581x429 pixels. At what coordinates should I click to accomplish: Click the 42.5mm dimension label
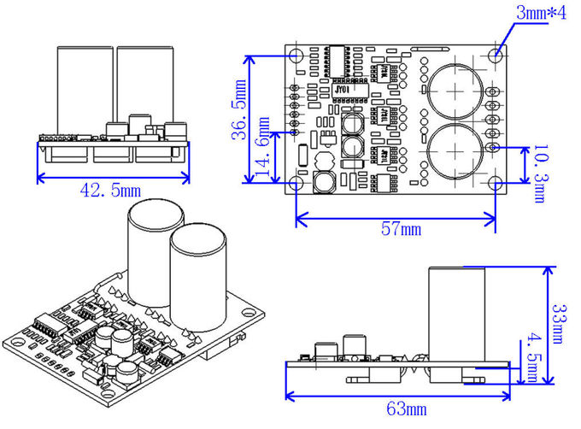pyautogui.click(x=110, y=189)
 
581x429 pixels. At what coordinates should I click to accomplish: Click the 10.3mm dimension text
pyautogui.click(x=537, y=173)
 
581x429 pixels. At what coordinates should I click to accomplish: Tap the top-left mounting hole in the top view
pyautogui.click(x=296, y=55)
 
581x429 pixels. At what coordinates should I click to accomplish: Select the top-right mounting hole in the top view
pyautogui.click(x=496, y=55)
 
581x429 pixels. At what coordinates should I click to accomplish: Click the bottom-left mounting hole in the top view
pyautogui.click(x=296, y=184)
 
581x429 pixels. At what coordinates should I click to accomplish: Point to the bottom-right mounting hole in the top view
pyautogui.click(x=496, y=184)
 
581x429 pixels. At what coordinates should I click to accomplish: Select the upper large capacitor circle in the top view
pyautogui.click(x=453, y=89)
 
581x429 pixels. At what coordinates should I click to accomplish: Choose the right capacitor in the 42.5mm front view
pyautogui.click(x=145, y=85)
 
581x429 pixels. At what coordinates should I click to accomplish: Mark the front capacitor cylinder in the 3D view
pyautogui.click(x=198, y=278)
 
